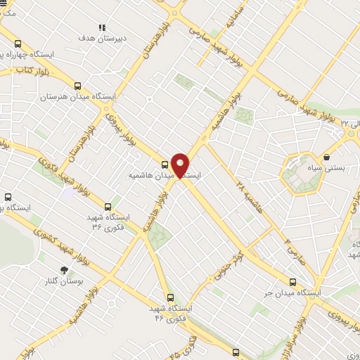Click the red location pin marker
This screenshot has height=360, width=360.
tap(181, 165)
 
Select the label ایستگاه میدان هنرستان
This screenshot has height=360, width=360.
tap(78, 96)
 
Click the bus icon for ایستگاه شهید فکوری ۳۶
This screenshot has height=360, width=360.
tap(108, 207)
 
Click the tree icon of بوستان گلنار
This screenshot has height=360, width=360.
tap(64, 269)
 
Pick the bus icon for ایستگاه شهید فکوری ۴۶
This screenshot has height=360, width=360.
tap(169, 297)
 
